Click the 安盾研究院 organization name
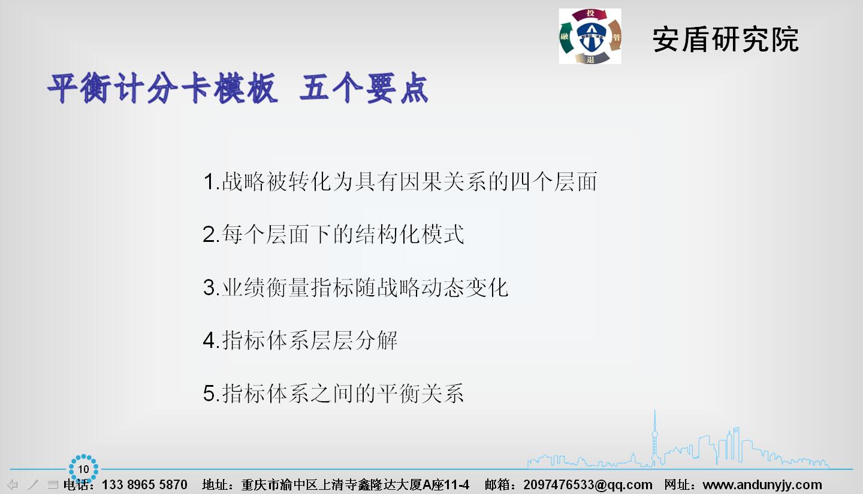[x=725, y=40]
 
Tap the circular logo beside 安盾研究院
[x=590, y=36]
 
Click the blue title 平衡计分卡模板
[x=162, y=88]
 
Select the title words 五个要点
[x=364, y=88]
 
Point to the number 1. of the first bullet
[x=211, y=182]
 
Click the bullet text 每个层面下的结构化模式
[x=343, y=234]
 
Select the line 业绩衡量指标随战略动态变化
[x=365, y=287]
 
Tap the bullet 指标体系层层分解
[x=309, y=340]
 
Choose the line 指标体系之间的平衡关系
[x=343, y=393]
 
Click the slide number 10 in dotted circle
[x=84, y=469]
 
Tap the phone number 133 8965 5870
[x=144, y=484]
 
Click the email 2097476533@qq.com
[x=588, y=484]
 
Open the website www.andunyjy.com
[x=762, y=484]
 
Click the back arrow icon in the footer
[x=13, y=484]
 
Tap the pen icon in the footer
[x=33, y=484]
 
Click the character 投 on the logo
[x=591, y=14]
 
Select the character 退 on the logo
[x=591, y=59]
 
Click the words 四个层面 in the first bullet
[x=554, y=182]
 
